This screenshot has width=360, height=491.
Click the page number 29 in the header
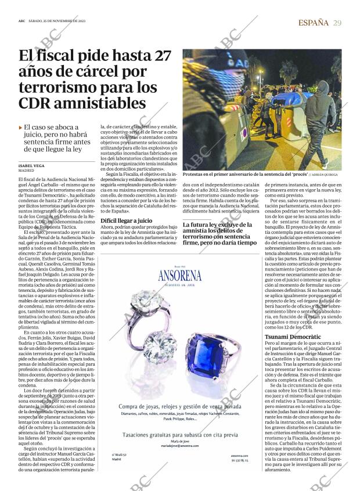coord(337,23)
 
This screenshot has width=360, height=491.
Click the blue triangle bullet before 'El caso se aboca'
coord(20,127)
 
